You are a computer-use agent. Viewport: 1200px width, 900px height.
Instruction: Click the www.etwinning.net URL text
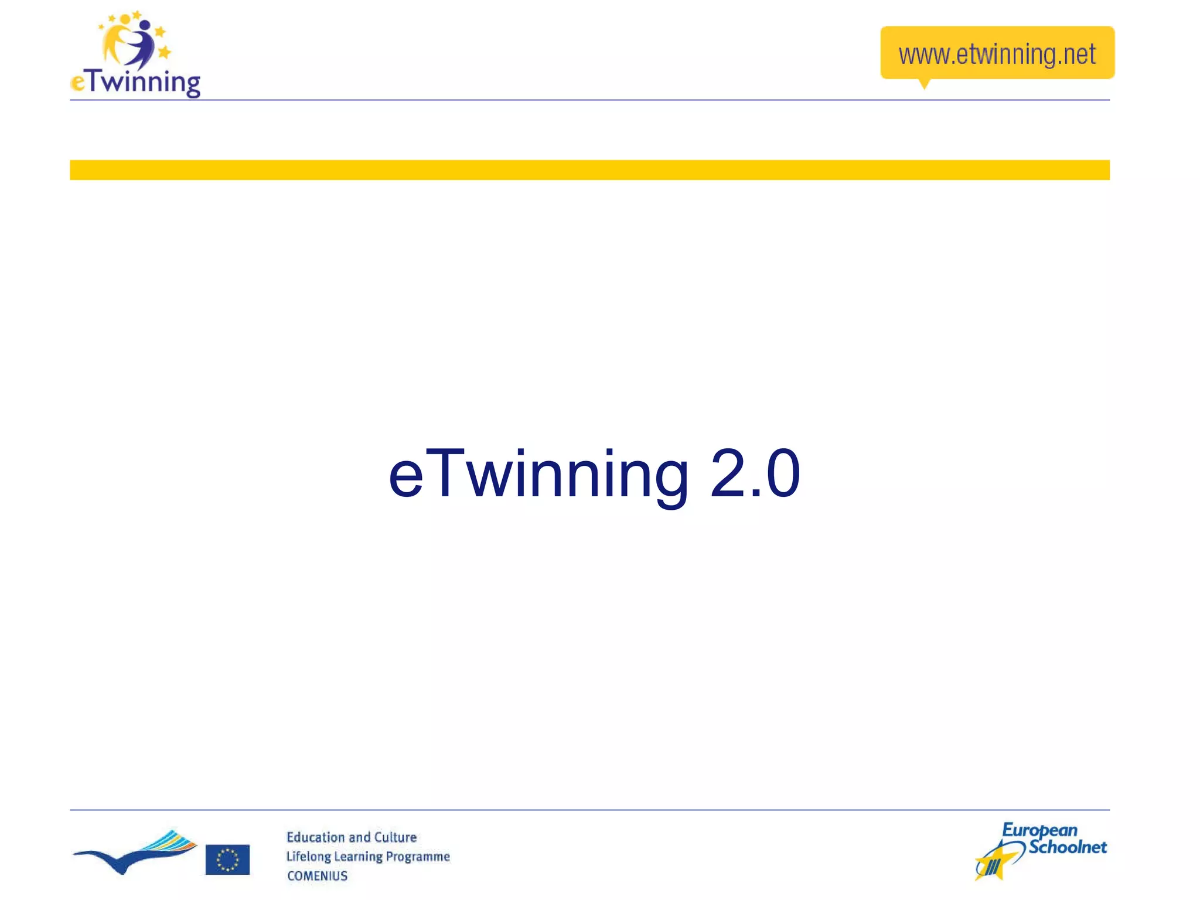(x=997, y=54)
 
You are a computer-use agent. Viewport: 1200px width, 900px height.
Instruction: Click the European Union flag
(x=227, y=859)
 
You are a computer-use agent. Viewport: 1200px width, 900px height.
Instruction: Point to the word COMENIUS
(x=317, y=876)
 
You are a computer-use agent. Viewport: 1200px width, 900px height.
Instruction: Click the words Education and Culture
(x=352, y=837)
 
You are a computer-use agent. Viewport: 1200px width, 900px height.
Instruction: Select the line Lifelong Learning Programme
(x=368, y=857)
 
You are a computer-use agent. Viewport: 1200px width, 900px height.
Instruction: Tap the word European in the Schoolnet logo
(x=1039, y=830)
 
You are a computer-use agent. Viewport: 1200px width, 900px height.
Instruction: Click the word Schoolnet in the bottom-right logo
(x=1068, y=847)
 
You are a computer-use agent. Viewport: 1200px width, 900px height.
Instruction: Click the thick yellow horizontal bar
(x=589, y=170)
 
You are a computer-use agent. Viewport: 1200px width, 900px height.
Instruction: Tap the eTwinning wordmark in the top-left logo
(x=136, y=82)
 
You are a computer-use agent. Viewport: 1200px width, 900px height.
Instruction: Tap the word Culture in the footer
(x=395, y=837)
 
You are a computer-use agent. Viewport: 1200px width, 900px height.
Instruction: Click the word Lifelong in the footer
(x=308, y=857)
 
